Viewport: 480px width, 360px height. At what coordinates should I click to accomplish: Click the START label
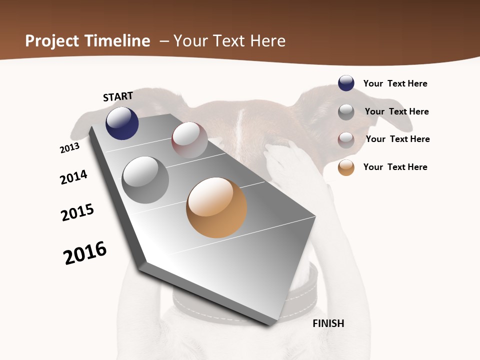pyautogui.click(x=118, y=96)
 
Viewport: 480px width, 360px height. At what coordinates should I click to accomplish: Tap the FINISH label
pyautogui.click(x=328, y=323)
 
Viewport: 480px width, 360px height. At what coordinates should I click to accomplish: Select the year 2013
pyautogui.click(x=69, y=148)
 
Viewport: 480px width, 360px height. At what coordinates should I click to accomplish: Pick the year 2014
pyautogui.click(x=73, y=177)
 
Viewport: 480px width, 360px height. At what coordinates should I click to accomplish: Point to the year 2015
pyautogui.click(x=77, y=212)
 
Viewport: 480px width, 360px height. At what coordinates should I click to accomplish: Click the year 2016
pyautogui.click(x=85, y=253)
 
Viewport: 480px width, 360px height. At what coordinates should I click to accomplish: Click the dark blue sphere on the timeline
pyautogui.click(x=122, y=123)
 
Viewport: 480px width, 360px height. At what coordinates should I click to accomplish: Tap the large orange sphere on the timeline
pyautogui.click(x=216, y=207)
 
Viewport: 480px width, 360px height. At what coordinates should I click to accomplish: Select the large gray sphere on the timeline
pyautogui.click(x=145, y=180)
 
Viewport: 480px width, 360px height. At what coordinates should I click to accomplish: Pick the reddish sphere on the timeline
pyautogui.click(x=189, y=140)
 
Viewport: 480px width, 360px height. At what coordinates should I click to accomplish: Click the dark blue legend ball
pyautogui.click(x=346, y=83)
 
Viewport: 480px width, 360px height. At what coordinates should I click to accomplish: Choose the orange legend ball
pyautogui.click(x=346, y=167)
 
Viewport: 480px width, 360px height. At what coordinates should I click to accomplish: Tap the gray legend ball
pyautogui.click(x=346, y=112)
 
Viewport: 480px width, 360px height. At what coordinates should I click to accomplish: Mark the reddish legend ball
pyautogui.click(x=346, y=140)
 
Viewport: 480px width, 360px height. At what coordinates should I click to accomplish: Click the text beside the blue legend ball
pyautogui.click(x=395, y=83)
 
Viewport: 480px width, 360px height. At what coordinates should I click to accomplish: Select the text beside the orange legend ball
pyautogui.click(x=395, y=167)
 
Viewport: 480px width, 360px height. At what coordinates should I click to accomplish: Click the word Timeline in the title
pyautogui.click(x=117, y=41)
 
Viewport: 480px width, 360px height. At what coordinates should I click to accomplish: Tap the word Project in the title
pyautogui.click(x=52, y=41)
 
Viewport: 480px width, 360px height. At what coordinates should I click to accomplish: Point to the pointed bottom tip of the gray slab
pyautogui.click(x=270, y=323)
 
